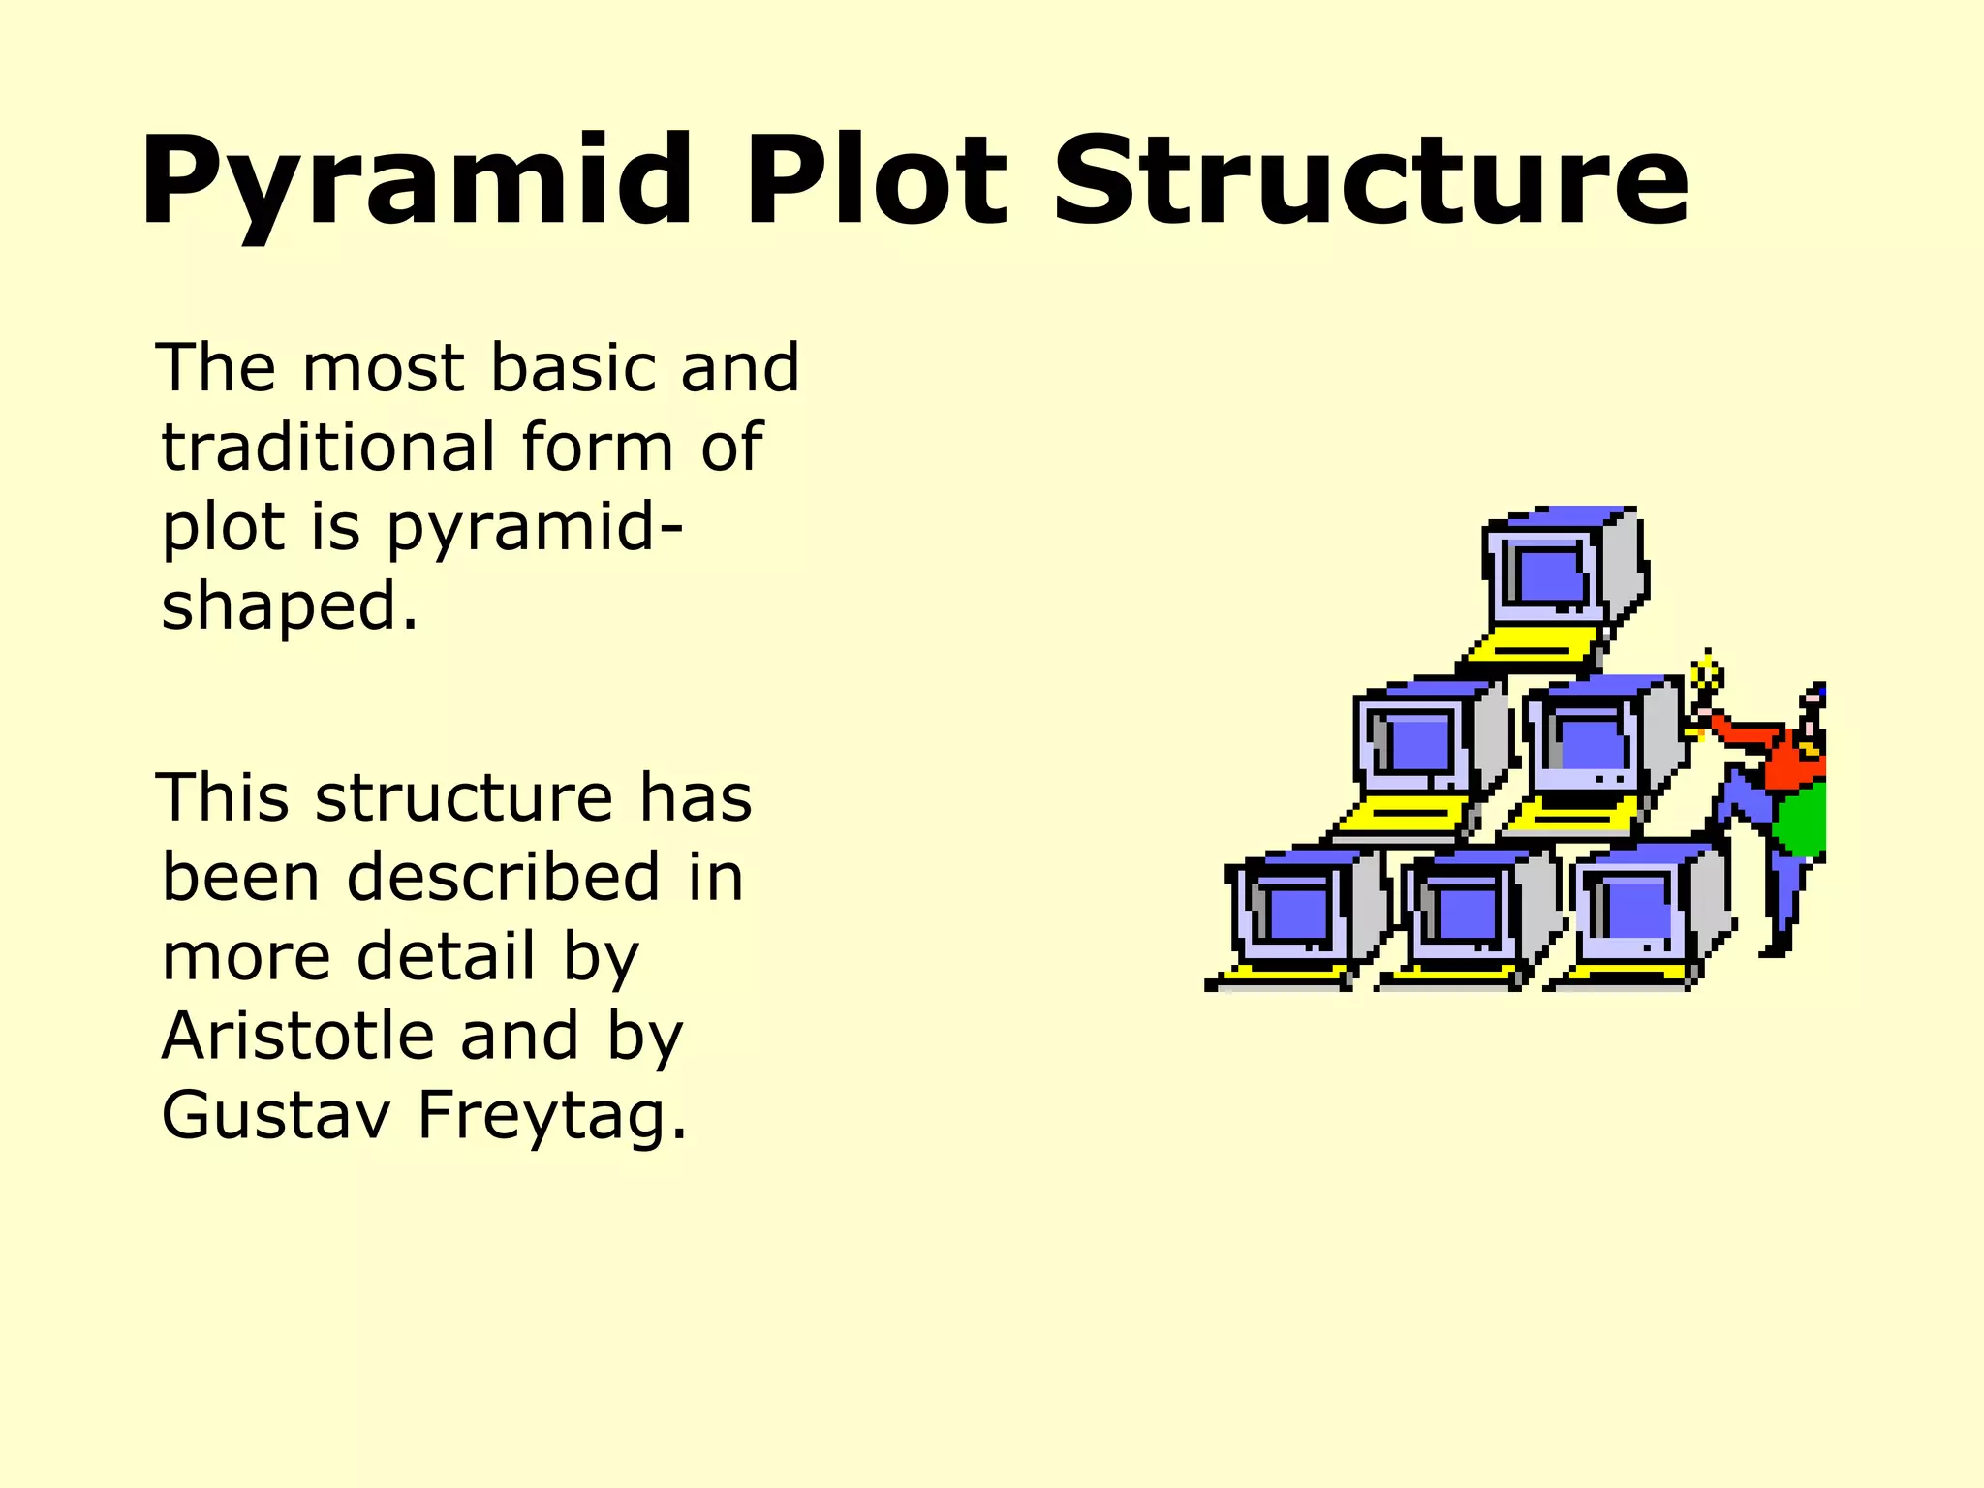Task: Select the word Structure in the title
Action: (1371, 182)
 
